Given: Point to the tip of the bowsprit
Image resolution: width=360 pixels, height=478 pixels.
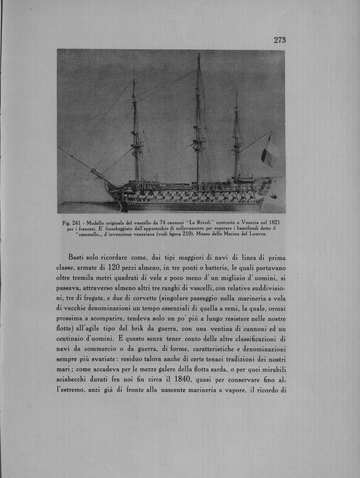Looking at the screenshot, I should tap(59, 147).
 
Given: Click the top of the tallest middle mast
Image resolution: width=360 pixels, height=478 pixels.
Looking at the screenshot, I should tap(199, 56).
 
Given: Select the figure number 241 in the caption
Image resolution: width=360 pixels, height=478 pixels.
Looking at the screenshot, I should tap(80, 223).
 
